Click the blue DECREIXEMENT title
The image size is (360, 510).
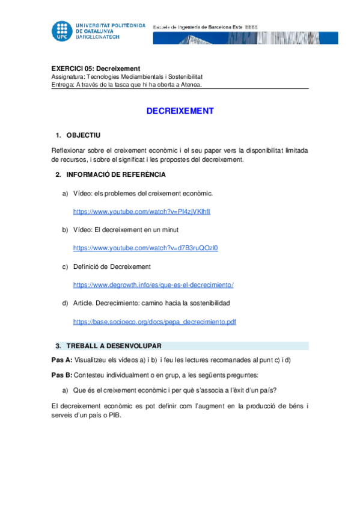tap(180, 111)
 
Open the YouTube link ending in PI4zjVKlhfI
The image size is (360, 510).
tap(142, 212)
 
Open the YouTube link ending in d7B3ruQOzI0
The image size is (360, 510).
tap(145, 248)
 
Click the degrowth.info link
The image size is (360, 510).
tap(153, 284)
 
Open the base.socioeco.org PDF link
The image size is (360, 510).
tap(154, 322)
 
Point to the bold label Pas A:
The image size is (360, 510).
tap(61, 360)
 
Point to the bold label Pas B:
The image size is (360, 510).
tap(61, 375)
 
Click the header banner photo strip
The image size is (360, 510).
tap(245, 38)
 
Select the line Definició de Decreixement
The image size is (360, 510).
tap(112, 266)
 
